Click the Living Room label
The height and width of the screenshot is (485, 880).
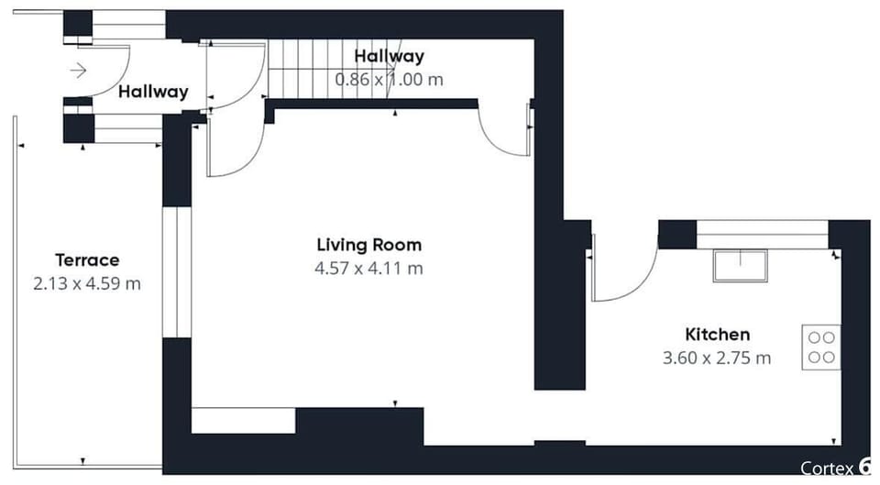368,245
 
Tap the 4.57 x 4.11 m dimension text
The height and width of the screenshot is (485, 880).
368,269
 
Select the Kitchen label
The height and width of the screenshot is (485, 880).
717,334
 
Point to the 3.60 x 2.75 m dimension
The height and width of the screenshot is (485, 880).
717,358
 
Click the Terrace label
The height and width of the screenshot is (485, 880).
87,259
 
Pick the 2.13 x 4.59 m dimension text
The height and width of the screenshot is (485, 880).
87,283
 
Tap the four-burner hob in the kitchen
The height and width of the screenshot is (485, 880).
821,347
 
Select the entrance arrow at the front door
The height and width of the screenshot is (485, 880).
78,70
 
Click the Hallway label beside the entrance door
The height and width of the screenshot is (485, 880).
153,92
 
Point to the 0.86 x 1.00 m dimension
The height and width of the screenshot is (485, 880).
389,80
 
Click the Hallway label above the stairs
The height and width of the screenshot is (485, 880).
389,57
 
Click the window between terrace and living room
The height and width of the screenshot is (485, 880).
177,271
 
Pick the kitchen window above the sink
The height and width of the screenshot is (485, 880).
762,234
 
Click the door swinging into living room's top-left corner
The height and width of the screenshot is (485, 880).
234,151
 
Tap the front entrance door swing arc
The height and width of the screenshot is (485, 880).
115,69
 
